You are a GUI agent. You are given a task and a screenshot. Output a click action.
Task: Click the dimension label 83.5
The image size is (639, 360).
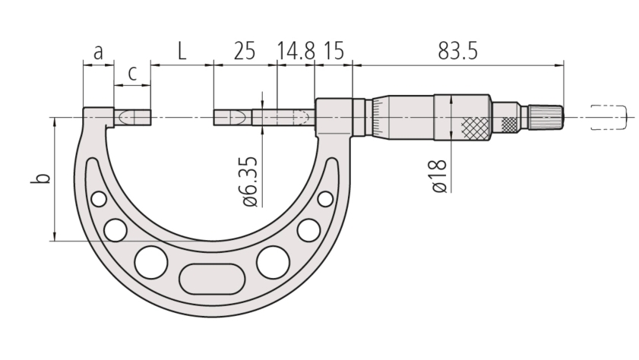[x=457, y=52]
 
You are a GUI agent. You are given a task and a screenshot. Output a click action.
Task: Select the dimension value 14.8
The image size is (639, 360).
[x=296, y=52]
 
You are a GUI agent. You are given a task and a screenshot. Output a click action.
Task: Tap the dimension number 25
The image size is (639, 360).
[x=244, y=52]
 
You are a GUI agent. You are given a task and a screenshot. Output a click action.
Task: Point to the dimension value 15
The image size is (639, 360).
[x=334, y=52]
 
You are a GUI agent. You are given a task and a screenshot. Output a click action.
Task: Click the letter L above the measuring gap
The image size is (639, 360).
[x=182, y=52]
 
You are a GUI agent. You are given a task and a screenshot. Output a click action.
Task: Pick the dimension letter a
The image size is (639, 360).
[x=98, y=53]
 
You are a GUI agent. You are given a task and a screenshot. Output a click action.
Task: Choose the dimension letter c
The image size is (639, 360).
[x=132, y=74]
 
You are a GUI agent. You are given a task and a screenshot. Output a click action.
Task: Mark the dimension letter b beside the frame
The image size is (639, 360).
[x=41, y=178]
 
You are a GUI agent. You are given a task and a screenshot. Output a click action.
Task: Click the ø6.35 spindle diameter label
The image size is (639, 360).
[x=251, y=182]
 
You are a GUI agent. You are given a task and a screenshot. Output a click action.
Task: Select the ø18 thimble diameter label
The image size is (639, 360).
[x=439, y=176]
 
